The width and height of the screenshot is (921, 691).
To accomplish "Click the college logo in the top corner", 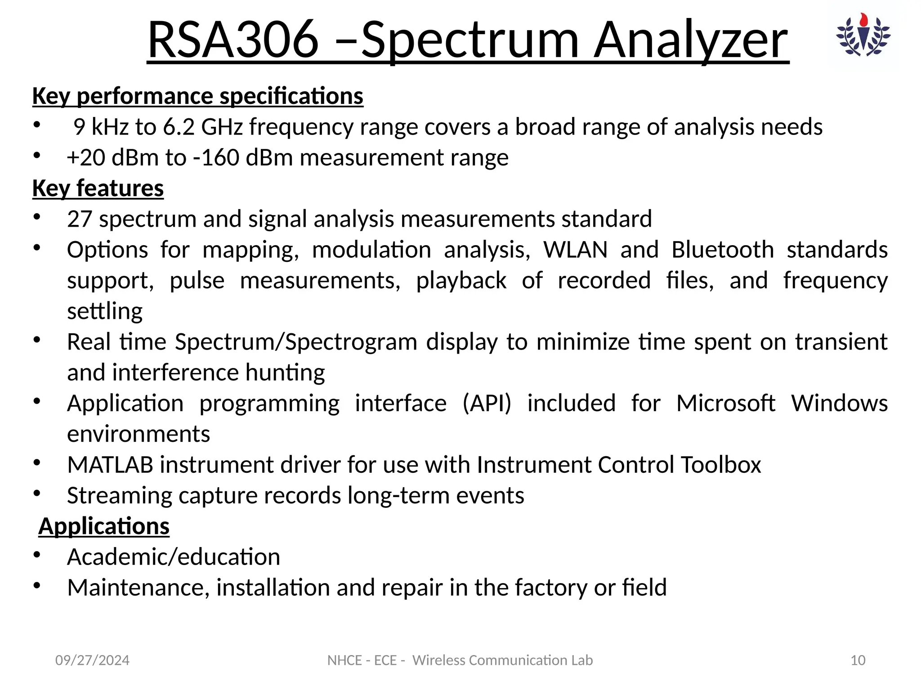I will tap(863, 36).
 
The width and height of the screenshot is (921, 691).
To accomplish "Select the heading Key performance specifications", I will tap(198, 96).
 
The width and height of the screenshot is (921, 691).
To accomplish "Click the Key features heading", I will tap(98, 188).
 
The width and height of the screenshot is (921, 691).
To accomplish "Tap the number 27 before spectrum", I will tap(80, 219).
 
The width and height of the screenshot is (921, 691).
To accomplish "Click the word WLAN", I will tap(575, 250).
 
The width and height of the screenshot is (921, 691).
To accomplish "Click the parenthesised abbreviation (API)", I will tap(487, 403).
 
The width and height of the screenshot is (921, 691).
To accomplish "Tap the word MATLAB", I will tap(110, 465).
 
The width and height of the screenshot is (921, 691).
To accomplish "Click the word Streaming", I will tap(119, 495).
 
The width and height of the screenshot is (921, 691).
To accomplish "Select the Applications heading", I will tap(104, 526).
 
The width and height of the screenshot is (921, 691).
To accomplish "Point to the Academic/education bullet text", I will tap(174, 557).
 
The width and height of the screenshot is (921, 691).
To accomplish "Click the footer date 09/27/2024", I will tap(92, 660).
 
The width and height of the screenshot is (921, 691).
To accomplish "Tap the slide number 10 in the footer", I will tap(858, 660).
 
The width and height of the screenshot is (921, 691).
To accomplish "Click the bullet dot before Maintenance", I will tap(37, 585).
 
